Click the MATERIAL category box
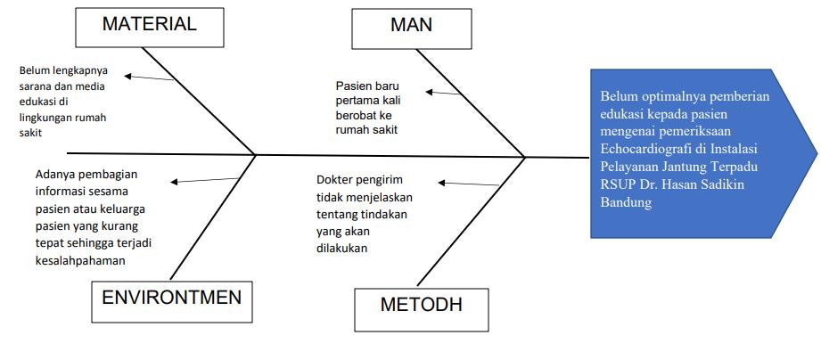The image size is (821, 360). (149, 25)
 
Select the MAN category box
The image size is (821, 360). (412, 25)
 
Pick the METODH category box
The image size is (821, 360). (421, 305)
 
